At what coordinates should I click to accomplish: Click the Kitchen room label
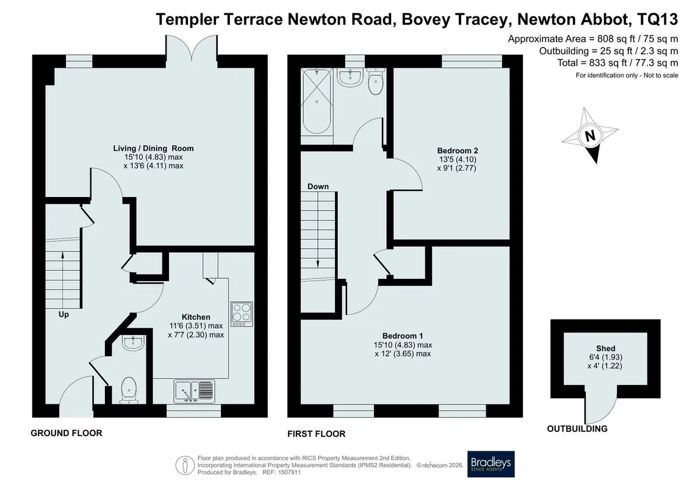point(196,317)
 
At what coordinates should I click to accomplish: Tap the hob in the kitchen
point(242,314)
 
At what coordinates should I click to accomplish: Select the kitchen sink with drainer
point(195,391)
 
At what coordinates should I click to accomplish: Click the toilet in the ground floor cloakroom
point(129,390)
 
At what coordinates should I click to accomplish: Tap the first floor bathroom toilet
point(375,81)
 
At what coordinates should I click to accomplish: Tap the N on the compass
point(590,135)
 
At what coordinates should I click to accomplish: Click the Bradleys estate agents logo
point(491,464)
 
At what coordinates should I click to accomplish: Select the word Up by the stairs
point(63,315)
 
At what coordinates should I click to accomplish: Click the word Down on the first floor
point(318,187)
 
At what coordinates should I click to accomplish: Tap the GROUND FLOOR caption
point(66,433)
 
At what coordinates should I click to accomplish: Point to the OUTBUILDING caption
point(577,429)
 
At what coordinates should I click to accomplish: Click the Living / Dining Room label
point(153,148)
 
